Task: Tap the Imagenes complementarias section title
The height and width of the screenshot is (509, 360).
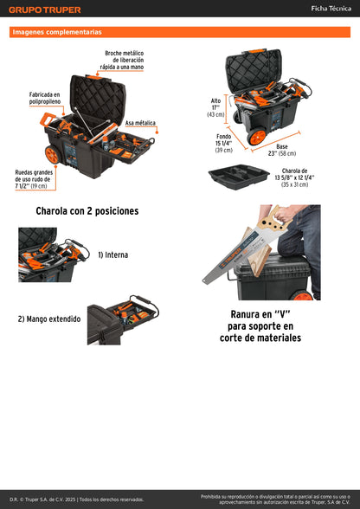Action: pyautogui.click(x=56, y=32)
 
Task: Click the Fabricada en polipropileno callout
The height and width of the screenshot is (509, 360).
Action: pyautogui.click(x=44, y=99)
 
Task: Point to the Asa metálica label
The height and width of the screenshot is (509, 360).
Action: pyautogui.click(x=141, y=123)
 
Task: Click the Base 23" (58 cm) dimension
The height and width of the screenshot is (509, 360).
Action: pyautogui.click(x=275, y=150)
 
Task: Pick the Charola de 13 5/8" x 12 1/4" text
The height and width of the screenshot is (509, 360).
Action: pyautogui.click(x=295, y=177)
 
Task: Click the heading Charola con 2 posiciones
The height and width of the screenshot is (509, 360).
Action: pyautogui.click(x=87, y=210)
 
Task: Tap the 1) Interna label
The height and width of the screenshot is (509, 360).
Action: pyautogui.click(x=112, y=254)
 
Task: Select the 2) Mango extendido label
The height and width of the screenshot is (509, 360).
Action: pyautogui.click(x=49, y=319)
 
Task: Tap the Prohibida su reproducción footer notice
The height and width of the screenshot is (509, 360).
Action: pyautogui.click(x=274, y=499)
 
